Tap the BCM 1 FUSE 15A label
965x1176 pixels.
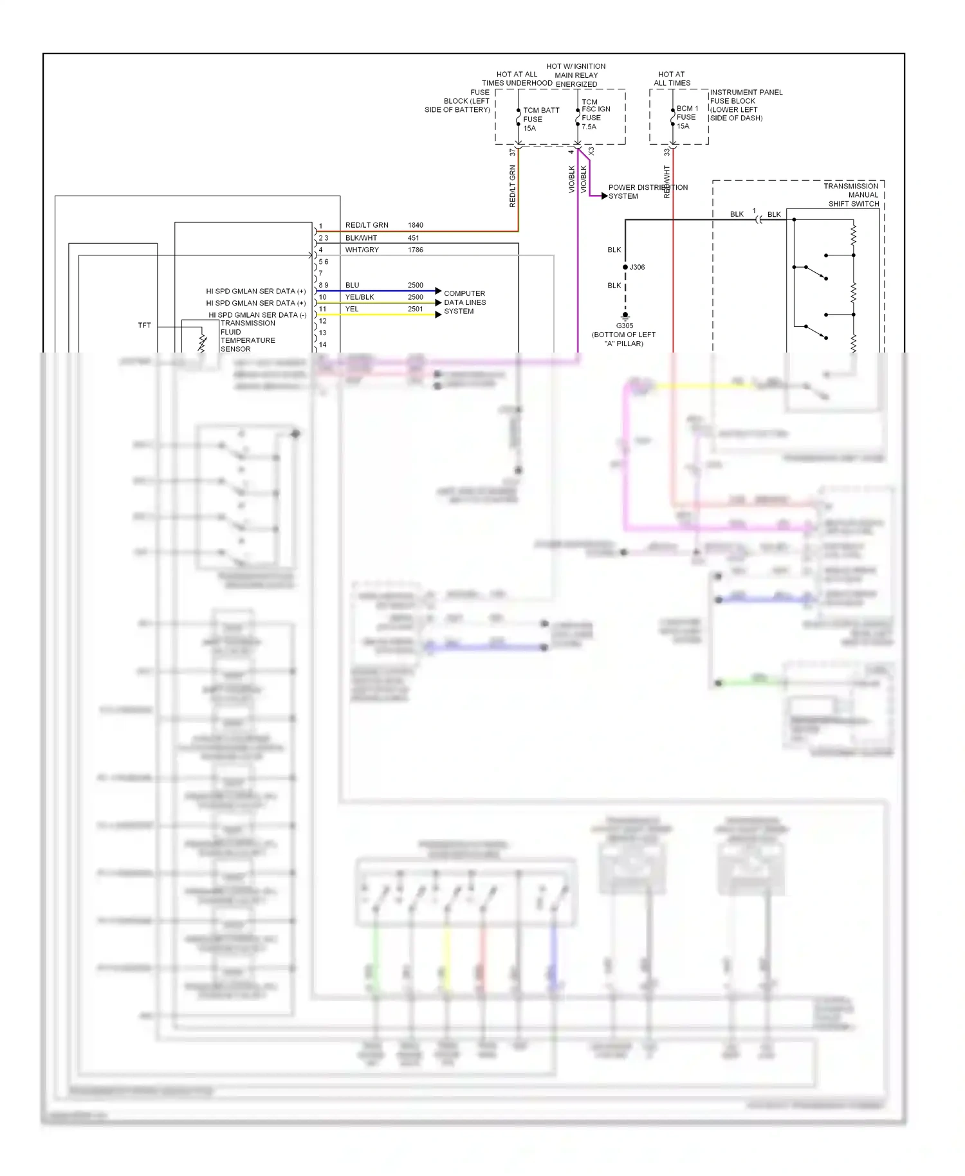686,117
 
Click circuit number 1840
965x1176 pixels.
416,225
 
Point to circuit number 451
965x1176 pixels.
413,237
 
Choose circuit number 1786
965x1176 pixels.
416,250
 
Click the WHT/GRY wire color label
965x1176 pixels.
362,250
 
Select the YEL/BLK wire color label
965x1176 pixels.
360,297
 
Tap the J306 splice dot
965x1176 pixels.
625,267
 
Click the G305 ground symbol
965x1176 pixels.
625,317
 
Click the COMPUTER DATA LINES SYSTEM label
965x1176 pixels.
464,302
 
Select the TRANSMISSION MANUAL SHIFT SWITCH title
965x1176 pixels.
852,195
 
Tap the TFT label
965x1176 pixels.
145,326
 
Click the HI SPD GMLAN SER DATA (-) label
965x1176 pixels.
257,315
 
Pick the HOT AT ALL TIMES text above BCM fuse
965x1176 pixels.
672,78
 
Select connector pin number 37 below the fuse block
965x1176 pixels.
513,152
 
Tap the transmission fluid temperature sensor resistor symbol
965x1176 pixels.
202,342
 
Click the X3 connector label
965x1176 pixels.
591,152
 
